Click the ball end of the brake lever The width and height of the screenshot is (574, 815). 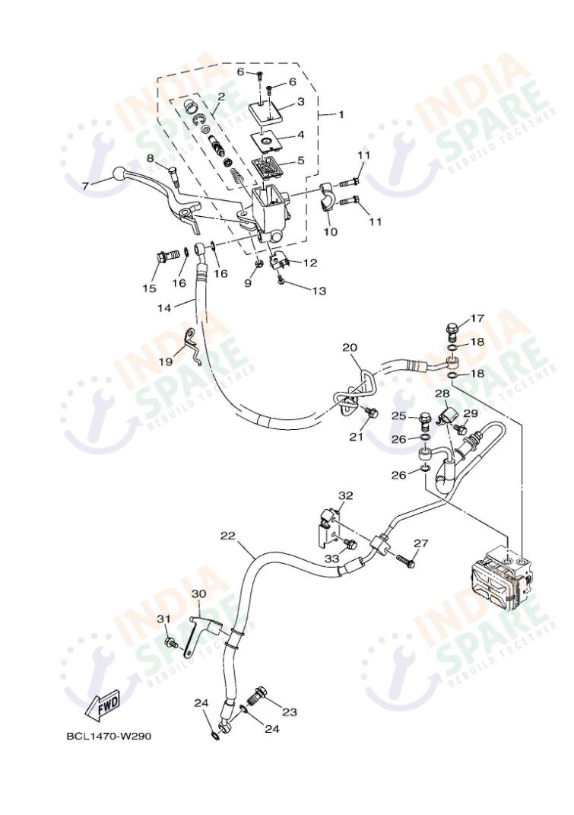(x=119, y=172)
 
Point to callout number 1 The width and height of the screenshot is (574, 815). (x=341, y=114)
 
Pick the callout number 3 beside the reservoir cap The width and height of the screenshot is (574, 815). (x=300, y=101)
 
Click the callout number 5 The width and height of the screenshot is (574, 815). (x=300, y=161)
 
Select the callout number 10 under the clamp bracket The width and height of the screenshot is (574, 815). (x=331, y=231)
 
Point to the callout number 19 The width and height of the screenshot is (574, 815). (x=165, y=362)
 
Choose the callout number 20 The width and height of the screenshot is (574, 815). (x=349, y=347)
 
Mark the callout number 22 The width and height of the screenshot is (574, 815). (x=228, y=536)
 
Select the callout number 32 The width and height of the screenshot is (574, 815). (x=346, y=495)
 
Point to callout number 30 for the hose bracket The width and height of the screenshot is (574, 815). (x=198, y=594)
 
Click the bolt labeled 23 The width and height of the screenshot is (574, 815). (x=259, y=696)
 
